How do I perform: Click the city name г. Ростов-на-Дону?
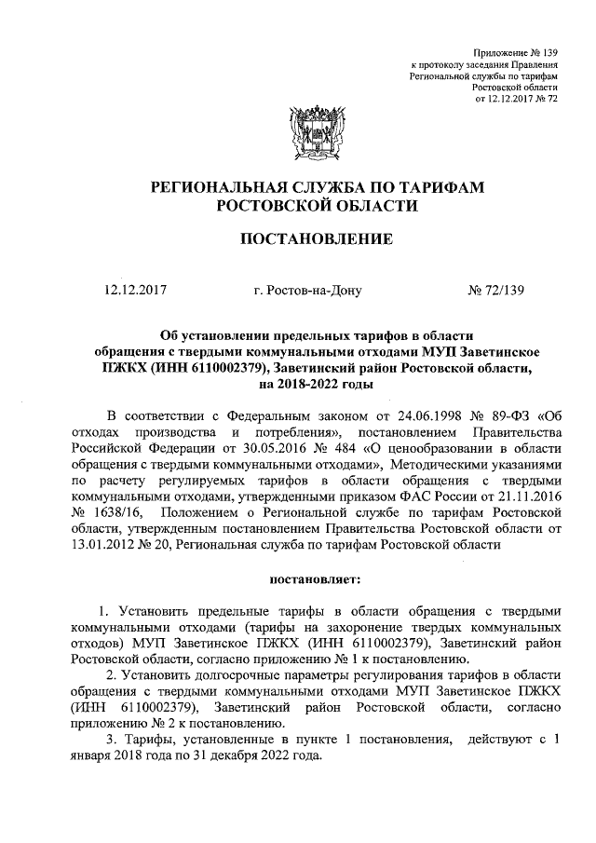(x=306, y=290)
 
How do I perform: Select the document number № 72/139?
(x=495, y=290)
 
